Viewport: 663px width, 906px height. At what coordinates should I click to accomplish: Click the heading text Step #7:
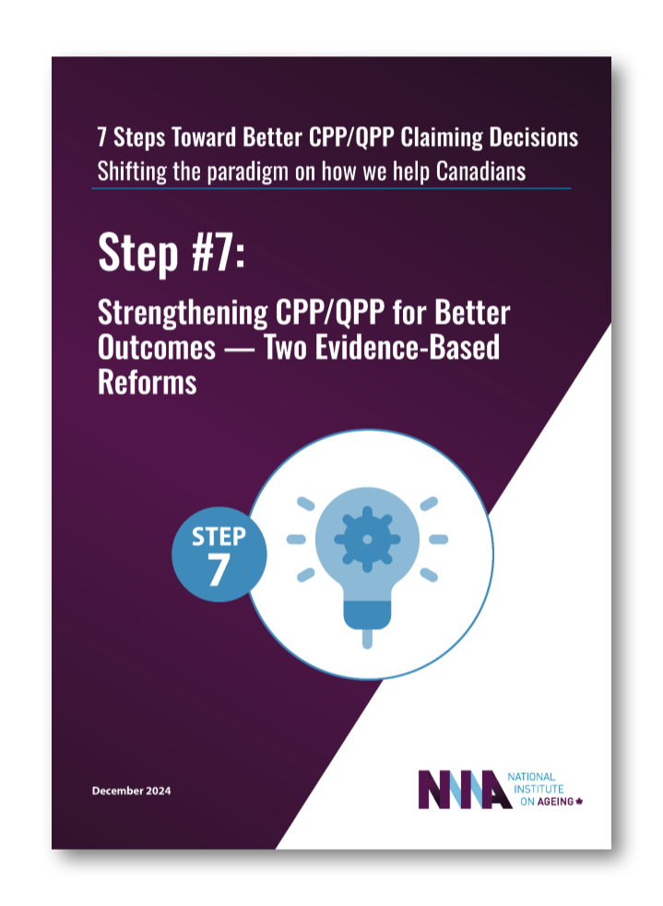pyautogui.click(x=172, y=251)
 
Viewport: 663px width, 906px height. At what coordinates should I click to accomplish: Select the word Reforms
pyautogui.click(x=148, y=382)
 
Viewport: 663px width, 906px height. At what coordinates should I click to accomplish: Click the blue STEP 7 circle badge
pyautogui.click(x=219, y=554)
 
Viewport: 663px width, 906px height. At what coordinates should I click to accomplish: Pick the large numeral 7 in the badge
pyautogui.click(x=219, y=571)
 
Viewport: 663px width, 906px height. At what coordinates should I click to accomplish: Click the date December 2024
pyautogui.click(x=132, y=791)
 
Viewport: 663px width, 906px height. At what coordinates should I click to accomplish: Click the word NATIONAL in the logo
pyautogui.click(x=532, y=777)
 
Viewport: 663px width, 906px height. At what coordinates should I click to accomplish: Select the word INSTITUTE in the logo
pyautogui.click(x=534, y=789)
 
